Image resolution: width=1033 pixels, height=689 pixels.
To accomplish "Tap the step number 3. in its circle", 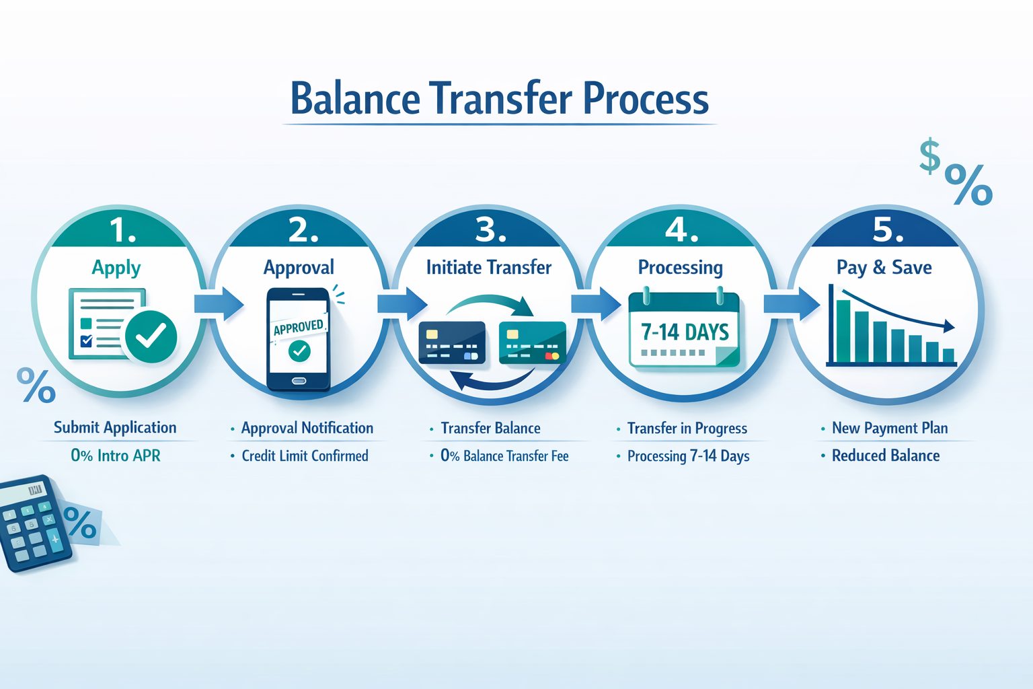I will pyautogui.click(x=490, y=229).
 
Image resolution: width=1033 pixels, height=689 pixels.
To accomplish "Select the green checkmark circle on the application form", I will pyautogui.click(x=151, y=336).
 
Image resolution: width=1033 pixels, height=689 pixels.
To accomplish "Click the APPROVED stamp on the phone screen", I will pyautogui.click(x=299, y=327).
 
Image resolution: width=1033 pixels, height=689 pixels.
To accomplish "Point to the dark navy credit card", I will pyautogui.click(x=451, y=342).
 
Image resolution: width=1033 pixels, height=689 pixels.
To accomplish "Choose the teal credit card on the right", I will pyautogui.click(x=532, y=342).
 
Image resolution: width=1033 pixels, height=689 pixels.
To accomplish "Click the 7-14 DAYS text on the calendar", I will pyautogui.click(x=685, y=332).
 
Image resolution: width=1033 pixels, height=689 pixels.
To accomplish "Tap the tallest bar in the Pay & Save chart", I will pyautogui.click(x=843, y=330).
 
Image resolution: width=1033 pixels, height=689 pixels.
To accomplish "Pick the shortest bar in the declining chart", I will pyautogui.click(x=948, y=355).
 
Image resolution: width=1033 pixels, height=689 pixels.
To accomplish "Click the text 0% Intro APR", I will pyautogui.click(x=116, y=456).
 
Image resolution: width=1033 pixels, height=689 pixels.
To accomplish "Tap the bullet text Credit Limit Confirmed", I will pyautogui.click(x=305, y=456).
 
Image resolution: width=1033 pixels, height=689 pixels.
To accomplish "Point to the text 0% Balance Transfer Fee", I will pyautogui.click(x=504, y=456).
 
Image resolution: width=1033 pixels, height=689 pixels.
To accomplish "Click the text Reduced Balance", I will pyautogui.click(x=885, y=456).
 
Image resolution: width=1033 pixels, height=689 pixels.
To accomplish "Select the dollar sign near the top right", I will pyautogui.click(x=929, y=155).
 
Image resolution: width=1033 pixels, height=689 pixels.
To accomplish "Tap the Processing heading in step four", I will pyautogui.click(x=680, y=268).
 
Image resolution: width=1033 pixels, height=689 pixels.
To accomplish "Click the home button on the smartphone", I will pyautogui.click(x=299, y=382).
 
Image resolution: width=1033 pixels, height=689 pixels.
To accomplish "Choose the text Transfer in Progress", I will pyautogui.click(x=687, y=428).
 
